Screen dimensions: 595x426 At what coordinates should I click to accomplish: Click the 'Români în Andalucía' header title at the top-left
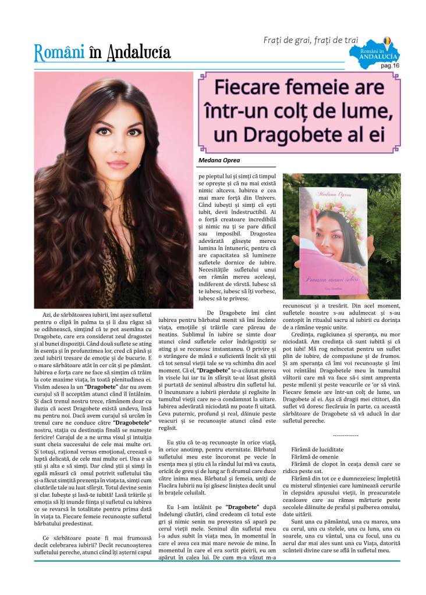click(102, 53)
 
